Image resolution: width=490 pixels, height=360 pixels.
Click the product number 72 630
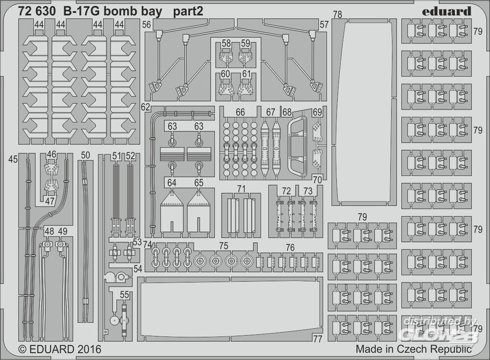[x=35, y=11]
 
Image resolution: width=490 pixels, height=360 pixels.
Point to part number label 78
[x=337, y=15]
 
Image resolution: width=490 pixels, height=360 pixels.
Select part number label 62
[x=145, y=106]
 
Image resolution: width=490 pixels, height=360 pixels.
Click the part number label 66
[x=240, y=113]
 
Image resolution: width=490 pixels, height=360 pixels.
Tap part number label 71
[x=241, y=189]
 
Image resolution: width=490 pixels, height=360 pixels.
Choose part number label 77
[x=318, y=338]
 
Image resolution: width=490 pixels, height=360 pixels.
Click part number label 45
[x=13, y=159]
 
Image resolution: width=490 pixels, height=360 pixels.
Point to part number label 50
[x=85, y=155]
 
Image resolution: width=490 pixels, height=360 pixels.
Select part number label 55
[x=125, y=295]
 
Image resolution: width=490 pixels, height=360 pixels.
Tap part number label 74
[x=147, y=245]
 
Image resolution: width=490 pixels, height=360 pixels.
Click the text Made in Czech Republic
[x=414, y=349]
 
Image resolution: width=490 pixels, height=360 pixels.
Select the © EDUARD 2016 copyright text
[x=59, y=349]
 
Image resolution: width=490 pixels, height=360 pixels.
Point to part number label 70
[x=318, y=180]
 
